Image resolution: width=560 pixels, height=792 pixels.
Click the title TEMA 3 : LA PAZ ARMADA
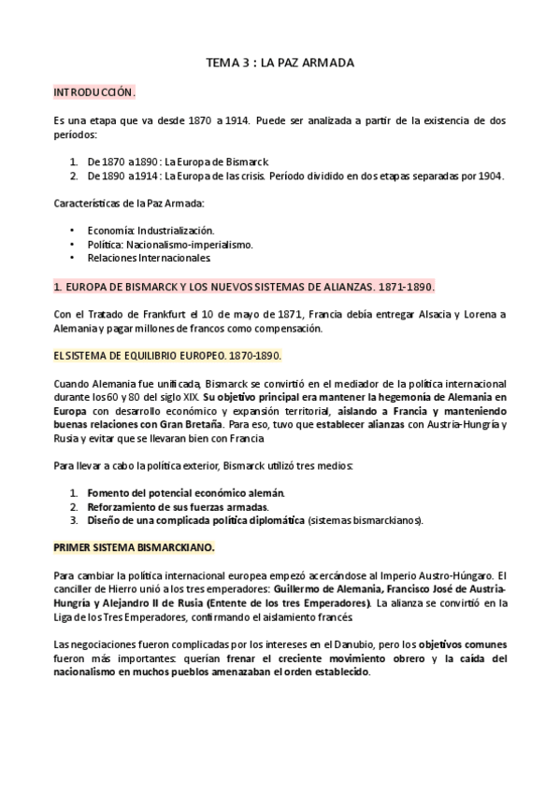pyautogui.click(x=280, y=63)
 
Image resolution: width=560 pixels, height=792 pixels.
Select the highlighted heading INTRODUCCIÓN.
pyautogui.click(x=94, y=93)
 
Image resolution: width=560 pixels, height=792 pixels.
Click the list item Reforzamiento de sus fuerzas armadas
pyautogui.click(x=164, y=506)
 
